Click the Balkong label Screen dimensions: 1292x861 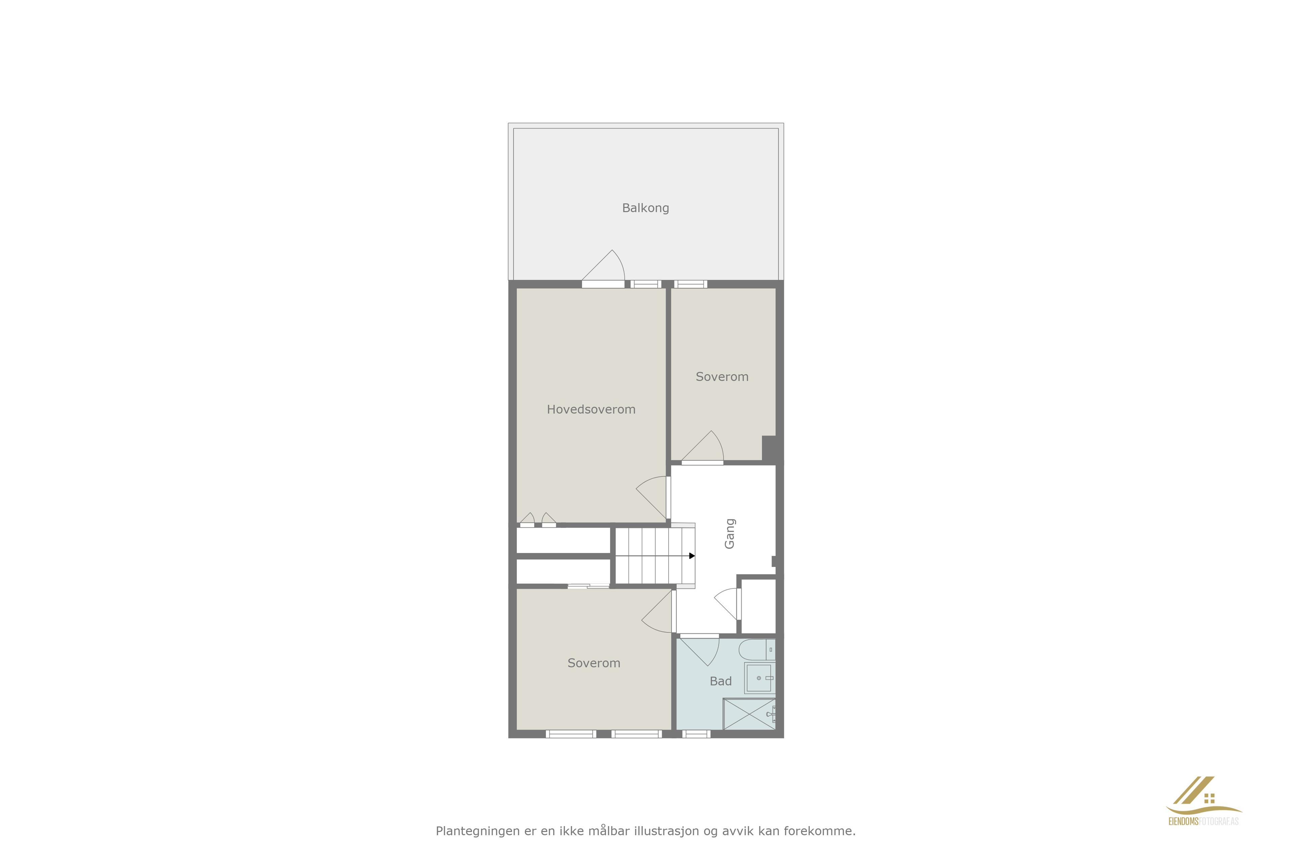point(645,208)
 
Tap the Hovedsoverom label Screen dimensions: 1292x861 point(591,409)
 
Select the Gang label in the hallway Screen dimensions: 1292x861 point(729,533)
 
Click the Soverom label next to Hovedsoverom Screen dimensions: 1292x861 point(722,377)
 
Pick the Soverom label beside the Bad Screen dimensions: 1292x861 point(594,663)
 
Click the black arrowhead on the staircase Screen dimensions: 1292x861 point(692,556)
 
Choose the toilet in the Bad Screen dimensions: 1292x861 point(757,649)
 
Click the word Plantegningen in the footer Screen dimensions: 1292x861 point(477,831)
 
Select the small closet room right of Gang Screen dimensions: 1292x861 point(758,606)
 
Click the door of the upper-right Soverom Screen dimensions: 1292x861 point(703,448)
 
